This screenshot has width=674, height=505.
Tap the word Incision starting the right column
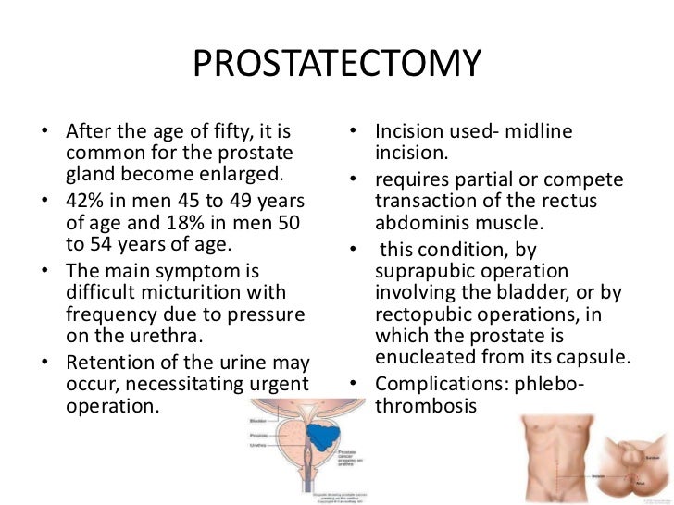tap(415, 134)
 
